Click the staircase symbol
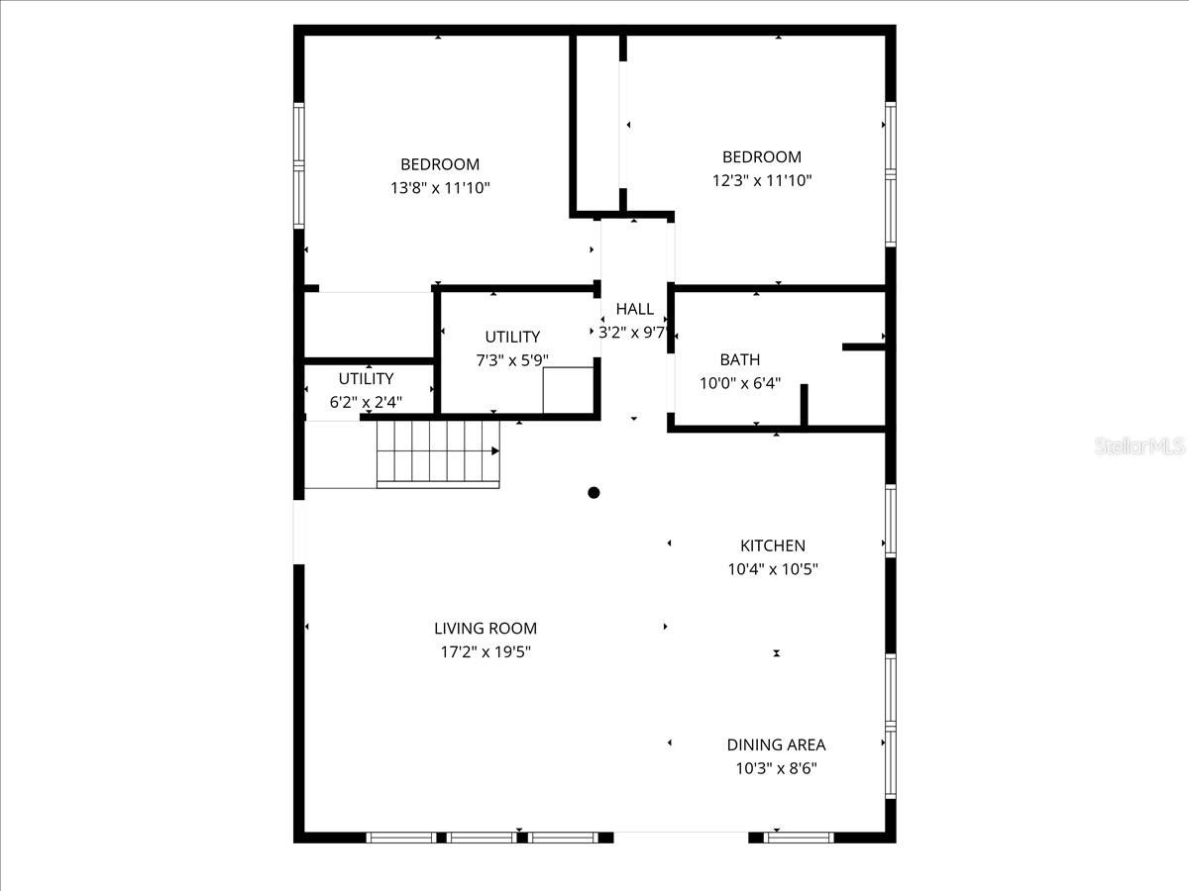point(437,452)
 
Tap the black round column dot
point(594,492)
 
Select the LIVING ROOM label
point(486,628)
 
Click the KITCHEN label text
point(773,545)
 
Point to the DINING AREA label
point(776,744)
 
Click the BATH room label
point(740,359)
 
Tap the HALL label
point(634,309)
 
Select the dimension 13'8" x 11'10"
point(440,188)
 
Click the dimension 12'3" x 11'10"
point(762,180)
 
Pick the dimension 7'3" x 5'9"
point(512,360)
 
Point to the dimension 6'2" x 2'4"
point(366,402)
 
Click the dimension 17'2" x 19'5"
point(486,651)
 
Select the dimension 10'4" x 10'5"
point(773,569)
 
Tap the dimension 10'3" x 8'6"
point(776,768)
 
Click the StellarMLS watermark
point(1139,446)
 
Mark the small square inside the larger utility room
point(568,389)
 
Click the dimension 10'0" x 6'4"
point(740,383)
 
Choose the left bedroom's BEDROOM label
point(440,164)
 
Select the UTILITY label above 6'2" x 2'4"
point(366,378)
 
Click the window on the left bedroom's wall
point(298,165)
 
